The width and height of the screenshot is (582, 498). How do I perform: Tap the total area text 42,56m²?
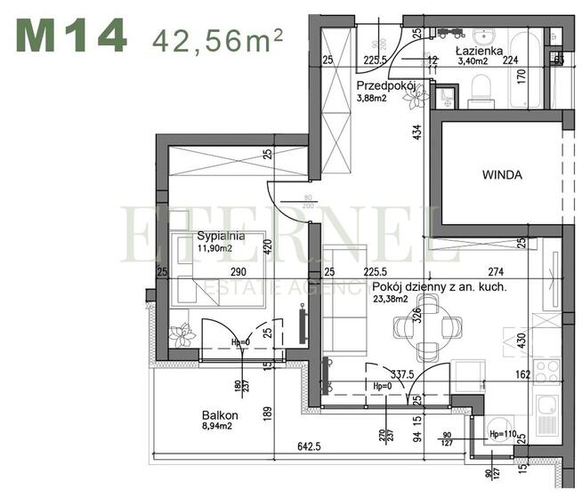(217, 38)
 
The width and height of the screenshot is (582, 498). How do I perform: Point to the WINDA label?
(503, 174)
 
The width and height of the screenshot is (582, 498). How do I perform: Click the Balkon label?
(219, 415)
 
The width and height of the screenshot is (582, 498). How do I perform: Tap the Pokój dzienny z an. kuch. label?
(440, 287)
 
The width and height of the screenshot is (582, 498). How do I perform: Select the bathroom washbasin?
(485, 37)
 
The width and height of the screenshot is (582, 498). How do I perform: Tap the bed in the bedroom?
(221, 271)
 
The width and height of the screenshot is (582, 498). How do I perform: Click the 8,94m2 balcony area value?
(219, 427)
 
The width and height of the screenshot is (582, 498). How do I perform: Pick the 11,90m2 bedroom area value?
(217, 249)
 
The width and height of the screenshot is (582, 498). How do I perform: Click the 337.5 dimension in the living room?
(400, 376)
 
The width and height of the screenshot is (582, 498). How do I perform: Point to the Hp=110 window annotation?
(504, 434)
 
